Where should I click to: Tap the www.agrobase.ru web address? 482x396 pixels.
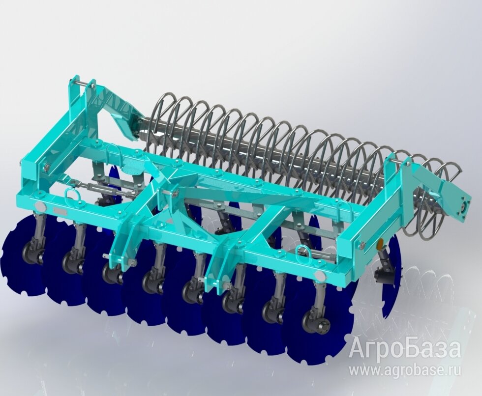pyautogui.click(x=406, y=371)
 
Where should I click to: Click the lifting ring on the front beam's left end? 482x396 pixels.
pyautogui.click(x=71, y=195)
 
